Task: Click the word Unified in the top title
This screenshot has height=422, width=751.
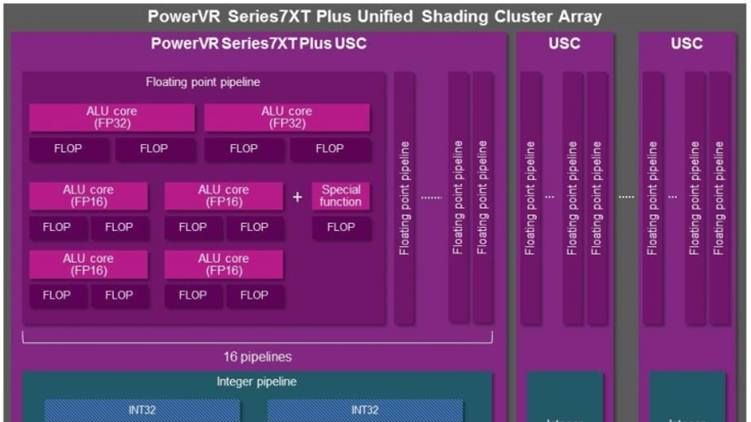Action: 385,16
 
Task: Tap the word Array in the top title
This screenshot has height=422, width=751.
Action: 580,16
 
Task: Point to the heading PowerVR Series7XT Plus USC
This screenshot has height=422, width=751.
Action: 259,44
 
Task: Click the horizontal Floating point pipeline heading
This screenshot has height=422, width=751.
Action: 203,82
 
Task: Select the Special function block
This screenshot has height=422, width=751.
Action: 341,196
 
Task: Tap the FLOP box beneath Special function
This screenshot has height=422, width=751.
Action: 341,227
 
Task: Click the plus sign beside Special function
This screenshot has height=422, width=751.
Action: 298,197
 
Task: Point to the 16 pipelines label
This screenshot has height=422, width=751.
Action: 257,357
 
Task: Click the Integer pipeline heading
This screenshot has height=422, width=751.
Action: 256,382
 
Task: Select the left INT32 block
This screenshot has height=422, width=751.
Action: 142,410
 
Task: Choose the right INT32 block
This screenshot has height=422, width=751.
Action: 365,410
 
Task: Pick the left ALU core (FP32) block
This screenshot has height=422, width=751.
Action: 112,117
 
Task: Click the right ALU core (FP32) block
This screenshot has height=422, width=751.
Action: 287,117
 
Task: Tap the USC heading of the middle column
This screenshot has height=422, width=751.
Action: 564,44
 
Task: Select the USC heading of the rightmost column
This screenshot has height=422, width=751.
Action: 686,44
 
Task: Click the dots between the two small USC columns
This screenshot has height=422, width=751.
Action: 626,197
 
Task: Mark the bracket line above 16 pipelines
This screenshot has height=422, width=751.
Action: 257,343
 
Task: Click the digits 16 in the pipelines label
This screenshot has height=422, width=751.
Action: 230,357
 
